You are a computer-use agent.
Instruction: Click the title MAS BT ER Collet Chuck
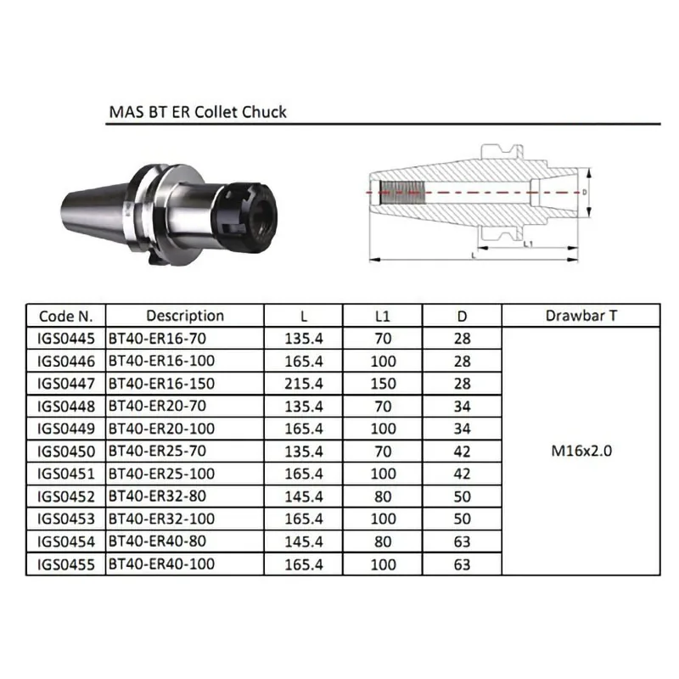click(x=198, y=111)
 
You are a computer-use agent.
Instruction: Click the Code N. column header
click(x=65, y=316)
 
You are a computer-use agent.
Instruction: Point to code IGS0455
click(x=65, y=564)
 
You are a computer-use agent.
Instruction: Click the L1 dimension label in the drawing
click(x=528, y=245)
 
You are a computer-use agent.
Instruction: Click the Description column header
click(x=185, y=316)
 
